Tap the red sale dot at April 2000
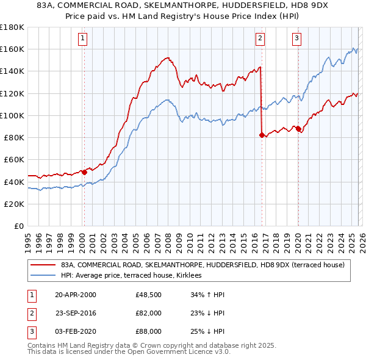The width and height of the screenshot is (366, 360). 84,172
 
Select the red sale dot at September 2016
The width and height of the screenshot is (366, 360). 262,135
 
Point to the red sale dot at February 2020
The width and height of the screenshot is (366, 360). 298,128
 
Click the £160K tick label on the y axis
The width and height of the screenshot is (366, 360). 12,49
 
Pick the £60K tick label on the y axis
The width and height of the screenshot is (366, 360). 14,159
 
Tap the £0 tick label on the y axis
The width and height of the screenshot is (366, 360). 19,226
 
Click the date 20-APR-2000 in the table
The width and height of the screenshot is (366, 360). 75,295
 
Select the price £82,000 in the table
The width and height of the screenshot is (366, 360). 148,313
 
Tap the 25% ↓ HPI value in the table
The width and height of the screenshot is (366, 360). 208,331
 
